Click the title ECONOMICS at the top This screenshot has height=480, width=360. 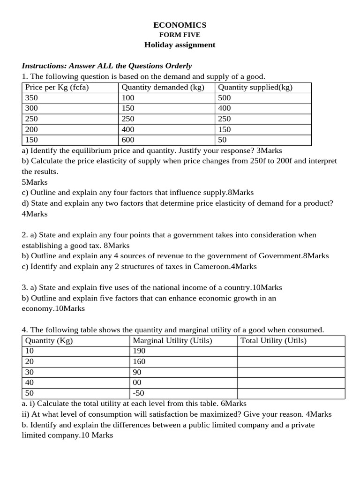(180, 25)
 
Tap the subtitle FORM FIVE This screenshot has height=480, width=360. (180, 35)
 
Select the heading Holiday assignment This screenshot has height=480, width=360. (180, 45)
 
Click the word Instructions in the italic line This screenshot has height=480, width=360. (44, 66)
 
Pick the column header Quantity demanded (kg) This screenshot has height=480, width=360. (163, 87)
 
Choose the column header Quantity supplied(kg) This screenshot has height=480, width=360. (255, 87)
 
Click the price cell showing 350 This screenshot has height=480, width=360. (32, 98)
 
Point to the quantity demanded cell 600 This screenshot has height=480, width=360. (128, 140)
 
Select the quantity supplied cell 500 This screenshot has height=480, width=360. (225, 98)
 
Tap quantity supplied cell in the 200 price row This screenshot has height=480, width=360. (225, 129)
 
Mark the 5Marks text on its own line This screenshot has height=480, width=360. (35, 182)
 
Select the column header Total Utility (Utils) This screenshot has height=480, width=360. (273, 341)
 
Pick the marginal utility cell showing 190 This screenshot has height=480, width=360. (139, 351)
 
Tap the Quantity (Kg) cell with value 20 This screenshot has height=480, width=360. (30, 361)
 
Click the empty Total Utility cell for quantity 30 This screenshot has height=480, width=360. (291, 372)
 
